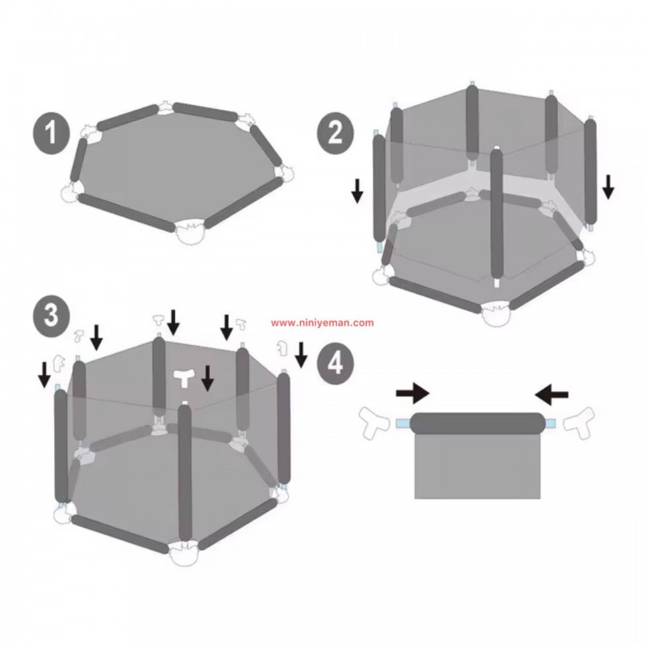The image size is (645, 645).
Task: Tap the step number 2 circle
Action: tap(335, 132)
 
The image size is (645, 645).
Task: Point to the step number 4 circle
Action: tap(335, 362)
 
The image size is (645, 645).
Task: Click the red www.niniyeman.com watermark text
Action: tap(322, 323)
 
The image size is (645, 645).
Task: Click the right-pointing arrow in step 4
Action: tap(413, 394)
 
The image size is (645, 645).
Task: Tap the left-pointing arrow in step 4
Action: tap(551, 394)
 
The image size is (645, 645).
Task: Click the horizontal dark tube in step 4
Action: tap(477, 423)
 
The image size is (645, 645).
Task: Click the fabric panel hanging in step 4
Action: tap(477, 466)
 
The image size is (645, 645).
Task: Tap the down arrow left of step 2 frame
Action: tap(357, 190)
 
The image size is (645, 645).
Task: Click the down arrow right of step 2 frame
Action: tap(608, 187)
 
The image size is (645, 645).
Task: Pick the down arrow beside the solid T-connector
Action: tap(208, 378)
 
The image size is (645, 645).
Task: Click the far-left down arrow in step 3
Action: tap(44, 375)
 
